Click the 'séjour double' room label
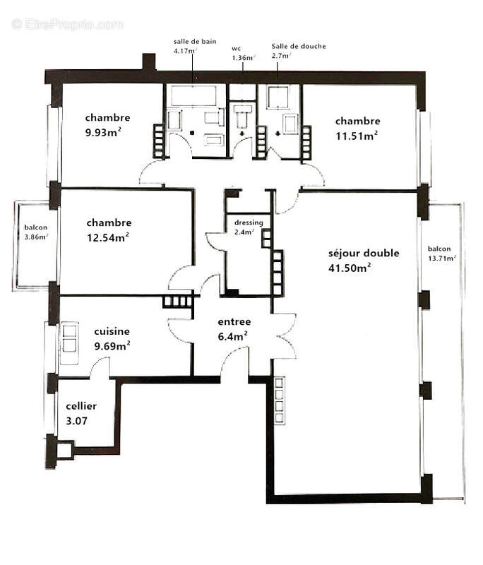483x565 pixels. click(x=364, y=253)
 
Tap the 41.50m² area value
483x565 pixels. click(x=350, y=268)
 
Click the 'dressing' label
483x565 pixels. click(x=249, y=222)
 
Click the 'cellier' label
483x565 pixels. click(x=81, y=406)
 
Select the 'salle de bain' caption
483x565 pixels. click(x=191, y=42)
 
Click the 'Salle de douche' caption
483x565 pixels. click(x=299, y=46)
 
